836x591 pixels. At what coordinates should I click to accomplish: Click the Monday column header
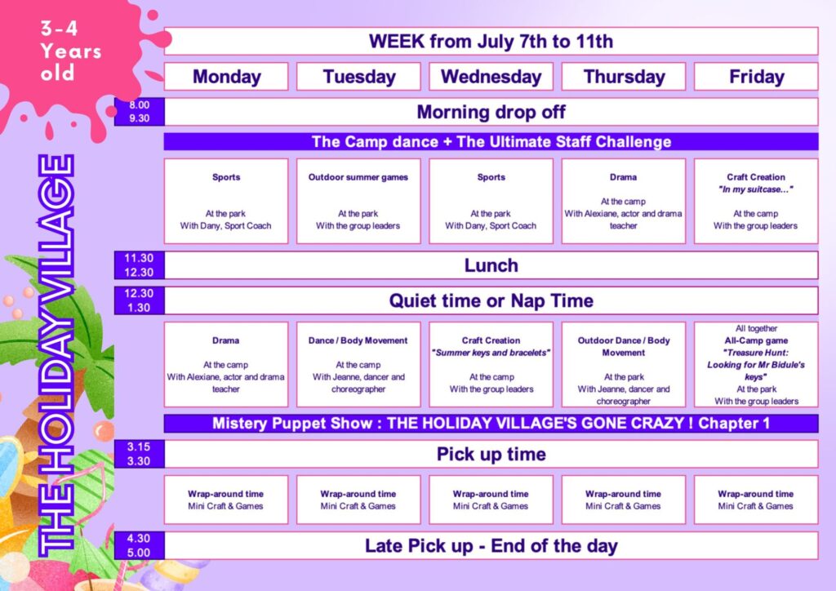pyautogui.click(x=226, y=77)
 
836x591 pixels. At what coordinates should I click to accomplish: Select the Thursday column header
pyautogui.click(x=623, y=77)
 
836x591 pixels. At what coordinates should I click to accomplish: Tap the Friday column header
pyautogui.click(x=756, y=77)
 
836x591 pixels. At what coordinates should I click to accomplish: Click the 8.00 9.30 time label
pyautogui.click(x=139, y=112)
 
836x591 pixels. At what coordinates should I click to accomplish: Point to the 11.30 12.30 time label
pyautogui.click(x=139, y=265)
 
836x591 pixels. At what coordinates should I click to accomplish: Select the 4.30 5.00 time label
pyautogui.click(x=139, y=546)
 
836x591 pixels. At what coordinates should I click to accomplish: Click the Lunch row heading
pyautogui.click(x=491, y=265)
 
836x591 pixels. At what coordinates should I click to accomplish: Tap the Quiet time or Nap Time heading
pyautogui.click(x=491, y=300)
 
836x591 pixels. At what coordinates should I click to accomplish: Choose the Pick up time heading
pyautogui.click(x=491, y=454)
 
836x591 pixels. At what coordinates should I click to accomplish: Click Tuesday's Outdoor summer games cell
pyautogui.click(x=358, y=201)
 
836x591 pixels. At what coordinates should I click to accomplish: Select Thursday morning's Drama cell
pyautogui.click(x=623, y=201)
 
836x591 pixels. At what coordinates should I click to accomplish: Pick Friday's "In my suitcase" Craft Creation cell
pyautogui.click(x=756, y=201)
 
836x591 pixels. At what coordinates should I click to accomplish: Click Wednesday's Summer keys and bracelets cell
pyautogui.click(x=491, y=365)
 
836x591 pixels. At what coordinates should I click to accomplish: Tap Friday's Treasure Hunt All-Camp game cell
pyautogui.click(x=756, y=365)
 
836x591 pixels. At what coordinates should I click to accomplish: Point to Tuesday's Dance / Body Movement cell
pyautogui.click(x=358, y=365)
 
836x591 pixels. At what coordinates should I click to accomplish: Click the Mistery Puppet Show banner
pyautogui.click(x=491, y=424)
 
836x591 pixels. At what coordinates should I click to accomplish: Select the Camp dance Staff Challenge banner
pyautogui.click(x=491, y=142)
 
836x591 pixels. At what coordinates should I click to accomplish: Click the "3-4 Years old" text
pyautogui.click(x=70, y=51)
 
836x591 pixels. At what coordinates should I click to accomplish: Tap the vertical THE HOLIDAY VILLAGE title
pyautogui.click(x=56, y=355)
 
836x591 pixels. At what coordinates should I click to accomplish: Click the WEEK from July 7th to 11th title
pyautogui.click(x=491, y=42)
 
